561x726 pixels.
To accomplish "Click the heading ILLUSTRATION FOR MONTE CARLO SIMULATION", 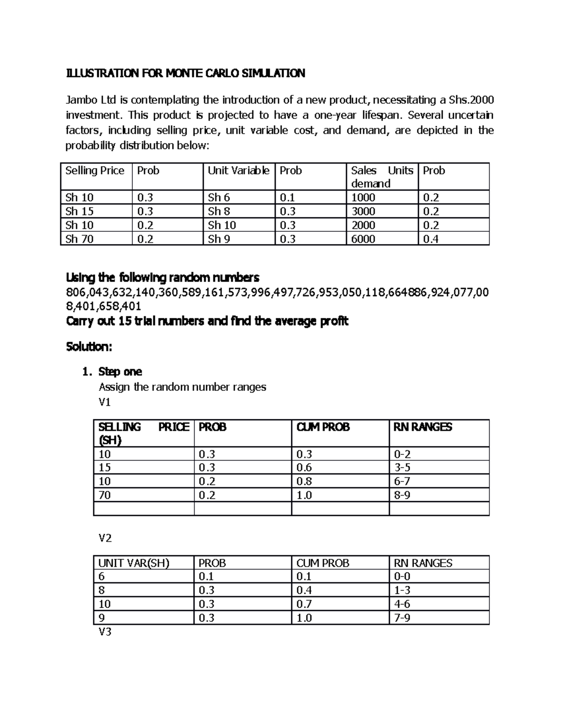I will point(186,73).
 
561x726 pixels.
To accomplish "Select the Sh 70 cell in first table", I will point(79,239).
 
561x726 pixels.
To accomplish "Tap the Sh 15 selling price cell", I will point(79,211).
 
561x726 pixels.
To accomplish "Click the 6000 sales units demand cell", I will point(363,239).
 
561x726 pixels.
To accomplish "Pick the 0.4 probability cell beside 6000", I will point(431,239).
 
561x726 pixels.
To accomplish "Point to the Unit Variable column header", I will point(238,171).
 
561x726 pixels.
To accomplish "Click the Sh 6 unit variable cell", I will point(219,198).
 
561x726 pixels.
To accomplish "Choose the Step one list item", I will point(120,372).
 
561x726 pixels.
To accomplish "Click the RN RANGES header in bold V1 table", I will point(423,427).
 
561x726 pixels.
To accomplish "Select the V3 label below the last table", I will point(105,633).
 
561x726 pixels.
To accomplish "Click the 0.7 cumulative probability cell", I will point(304,604).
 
